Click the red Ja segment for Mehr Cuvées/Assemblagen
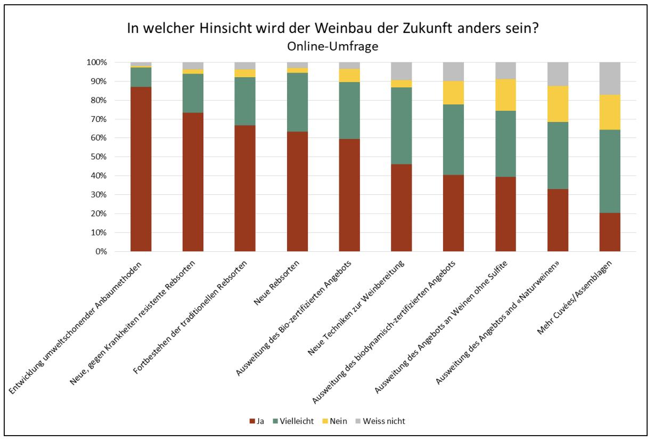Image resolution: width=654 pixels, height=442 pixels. (x=610, y=232)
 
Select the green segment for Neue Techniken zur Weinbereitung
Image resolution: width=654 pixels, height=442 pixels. (x=402, y=126)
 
